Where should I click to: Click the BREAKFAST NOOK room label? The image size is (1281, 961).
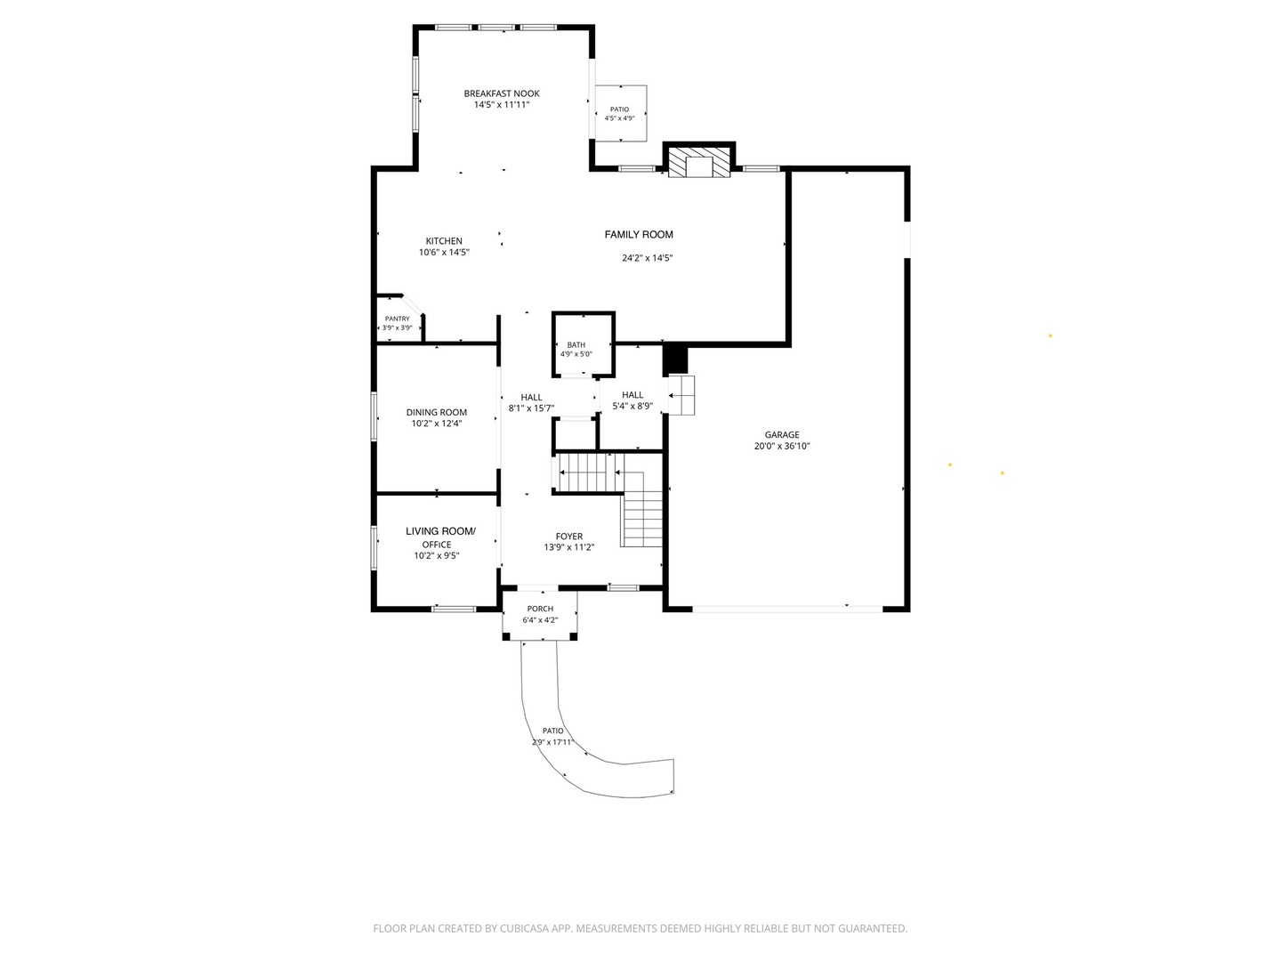(x=502, y=93)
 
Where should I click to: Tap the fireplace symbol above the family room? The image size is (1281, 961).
(x=698, y=162)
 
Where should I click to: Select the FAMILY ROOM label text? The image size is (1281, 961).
(x=639, y=235)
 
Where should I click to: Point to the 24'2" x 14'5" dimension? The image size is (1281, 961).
(x=648, y=258)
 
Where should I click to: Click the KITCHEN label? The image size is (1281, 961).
(x=444, y=241)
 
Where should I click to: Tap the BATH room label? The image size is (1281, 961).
(x=576, y=345)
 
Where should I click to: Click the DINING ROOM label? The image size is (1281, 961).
(x=437, y=413)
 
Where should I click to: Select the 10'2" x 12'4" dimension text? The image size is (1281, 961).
(x=437, y=424)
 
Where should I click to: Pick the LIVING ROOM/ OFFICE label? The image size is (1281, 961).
(x=440, y=537)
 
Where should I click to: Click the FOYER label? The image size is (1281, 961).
(x=569, y=537)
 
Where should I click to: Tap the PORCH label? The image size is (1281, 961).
(x=540, y=609)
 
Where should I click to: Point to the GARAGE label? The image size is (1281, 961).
(x=782, y=435)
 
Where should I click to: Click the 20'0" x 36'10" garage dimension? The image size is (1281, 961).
(x=782, y=447)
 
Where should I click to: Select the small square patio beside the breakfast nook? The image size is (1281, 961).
(x=620, y=113)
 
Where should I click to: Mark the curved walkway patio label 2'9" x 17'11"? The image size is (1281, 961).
(x=552, y=742)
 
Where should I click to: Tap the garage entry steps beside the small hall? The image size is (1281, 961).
(x=681, y=396)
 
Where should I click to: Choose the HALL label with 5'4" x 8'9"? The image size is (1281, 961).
(x=632, y=395)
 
